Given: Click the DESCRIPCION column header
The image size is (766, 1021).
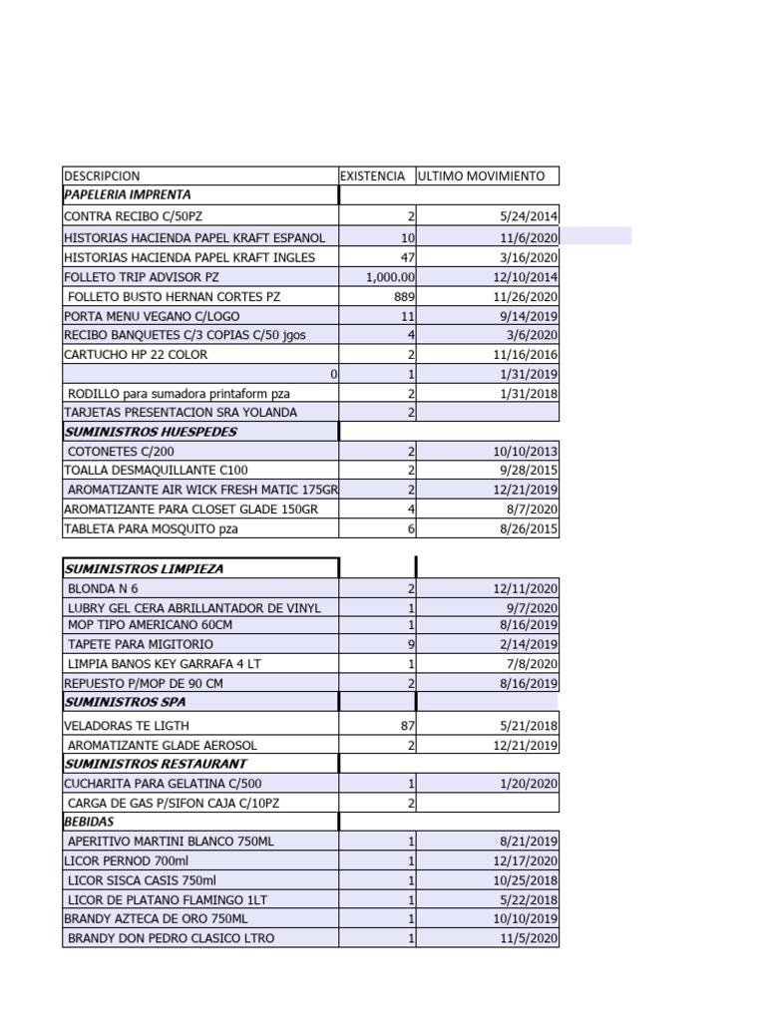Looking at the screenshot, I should (x=103, y=176).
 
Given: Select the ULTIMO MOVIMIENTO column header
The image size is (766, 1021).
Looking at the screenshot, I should (x=482, y=176).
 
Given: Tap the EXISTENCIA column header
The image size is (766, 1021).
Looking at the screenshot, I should (x=373, y=176).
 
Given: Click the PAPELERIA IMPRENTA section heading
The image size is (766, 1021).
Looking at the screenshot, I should (x=128, y=195).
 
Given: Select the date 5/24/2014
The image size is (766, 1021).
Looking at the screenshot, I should (x=529, y=216).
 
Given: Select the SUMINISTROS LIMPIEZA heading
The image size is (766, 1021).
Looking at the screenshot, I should (x=144, y=568).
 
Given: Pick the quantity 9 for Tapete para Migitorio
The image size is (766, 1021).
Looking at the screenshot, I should (x=410, y=645).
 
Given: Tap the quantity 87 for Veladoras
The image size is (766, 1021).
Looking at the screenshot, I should (x=406, y=725).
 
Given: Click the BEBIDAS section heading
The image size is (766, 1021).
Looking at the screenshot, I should (x=90, y=823).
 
